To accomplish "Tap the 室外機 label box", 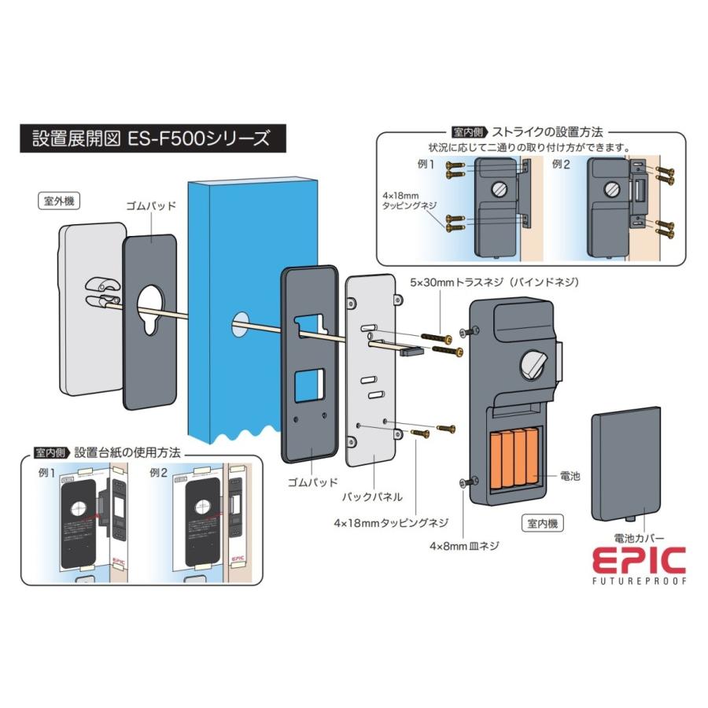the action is pos(59,201).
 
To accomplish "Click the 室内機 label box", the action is pos(544,522).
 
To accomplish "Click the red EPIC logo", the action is pos(638,560).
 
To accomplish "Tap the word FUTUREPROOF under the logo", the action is pos(638,581).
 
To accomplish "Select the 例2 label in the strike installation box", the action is pos(562,165).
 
